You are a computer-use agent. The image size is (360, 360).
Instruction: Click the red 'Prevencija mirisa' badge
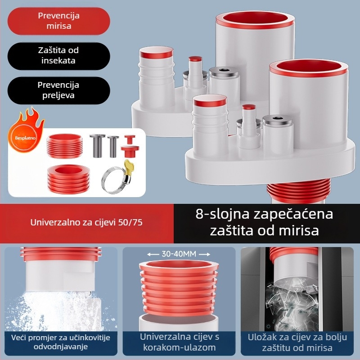click(58, 21)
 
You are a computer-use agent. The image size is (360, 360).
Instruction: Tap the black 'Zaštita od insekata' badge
click(58, 55)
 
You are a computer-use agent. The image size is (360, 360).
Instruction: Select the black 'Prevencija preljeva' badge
click(58, 90)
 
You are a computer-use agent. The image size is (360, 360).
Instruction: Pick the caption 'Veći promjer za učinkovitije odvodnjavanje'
click(61, 342)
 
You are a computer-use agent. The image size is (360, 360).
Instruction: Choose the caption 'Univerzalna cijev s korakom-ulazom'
click(180, 342)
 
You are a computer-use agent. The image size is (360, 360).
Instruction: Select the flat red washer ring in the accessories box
click(67, 173)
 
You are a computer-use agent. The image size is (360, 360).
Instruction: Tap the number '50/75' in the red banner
click(135, 222)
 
